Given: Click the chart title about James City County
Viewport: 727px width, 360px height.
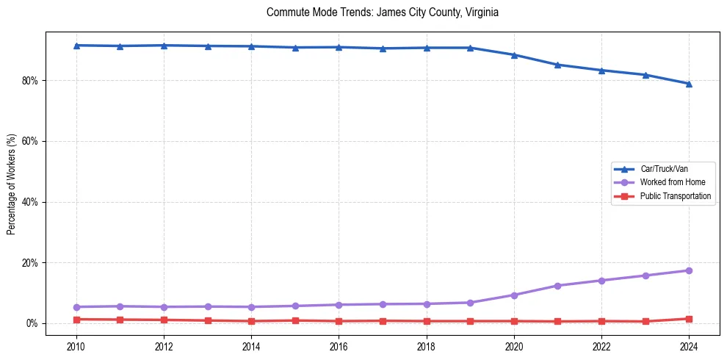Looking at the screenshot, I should (383, 12).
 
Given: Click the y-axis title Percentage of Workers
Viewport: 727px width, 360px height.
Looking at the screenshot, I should (11, 184).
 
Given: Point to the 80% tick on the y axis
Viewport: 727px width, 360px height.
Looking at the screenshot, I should (30, 80).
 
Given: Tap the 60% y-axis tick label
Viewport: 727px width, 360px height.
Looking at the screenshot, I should (30, 141).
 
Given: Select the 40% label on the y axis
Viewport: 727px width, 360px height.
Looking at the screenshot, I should (30, 202).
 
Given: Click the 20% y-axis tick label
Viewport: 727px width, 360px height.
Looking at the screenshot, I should (30, 263).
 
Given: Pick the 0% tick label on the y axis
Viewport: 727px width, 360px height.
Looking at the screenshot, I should (32, 324).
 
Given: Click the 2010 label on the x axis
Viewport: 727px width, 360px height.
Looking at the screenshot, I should (76, 346).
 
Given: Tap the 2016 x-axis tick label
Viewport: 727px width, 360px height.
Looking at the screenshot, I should (339, 346).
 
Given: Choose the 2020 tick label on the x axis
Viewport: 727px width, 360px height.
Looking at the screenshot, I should (514, 346).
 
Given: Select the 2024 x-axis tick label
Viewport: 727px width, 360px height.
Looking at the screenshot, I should (689, 346).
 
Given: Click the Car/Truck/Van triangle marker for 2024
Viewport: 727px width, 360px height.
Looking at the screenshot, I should (689, 84).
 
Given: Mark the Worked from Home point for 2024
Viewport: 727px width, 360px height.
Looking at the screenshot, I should (689, 270).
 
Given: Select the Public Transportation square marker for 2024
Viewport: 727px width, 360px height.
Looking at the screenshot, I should (689, 319).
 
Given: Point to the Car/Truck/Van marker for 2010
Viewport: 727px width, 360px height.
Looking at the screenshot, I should (76, 46).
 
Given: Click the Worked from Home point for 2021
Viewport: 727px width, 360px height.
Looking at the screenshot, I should (557, 286).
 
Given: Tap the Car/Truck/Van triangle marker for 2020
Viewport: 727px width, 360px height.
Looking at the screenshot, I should (514, 55).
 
